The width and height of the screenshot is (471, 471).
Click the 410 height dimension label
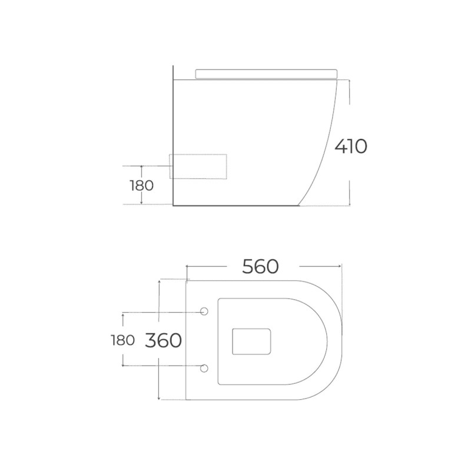tap(351, 146)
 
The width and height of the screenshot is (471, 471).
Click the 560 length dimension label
tap(260, 267)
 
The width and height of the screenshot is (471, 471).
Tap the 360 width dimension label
tap(164, 340)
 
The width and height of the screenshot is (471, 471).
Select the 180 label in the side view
tap(141, 185)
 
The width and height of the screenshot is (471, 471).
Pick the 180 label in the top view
tap(122, 340)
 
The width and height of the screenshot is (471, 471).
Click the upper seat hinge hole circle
tap(204, 311)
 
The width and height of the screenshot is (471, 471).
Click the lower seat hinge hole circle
tap(204, 368)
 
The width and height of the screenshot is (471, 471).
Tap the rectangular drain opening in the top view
tap(252, 341)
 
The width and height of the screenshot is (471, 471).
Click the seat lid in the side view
tap(267, 74)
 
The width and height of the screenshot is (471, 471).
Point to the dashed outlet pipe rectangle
tap(198, 167)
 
